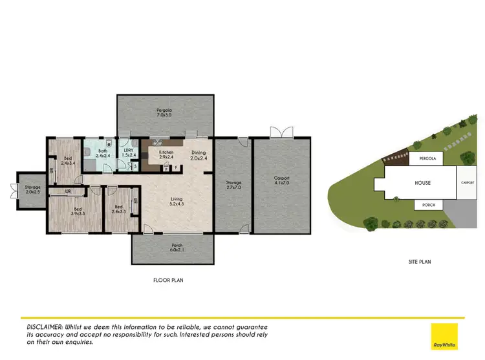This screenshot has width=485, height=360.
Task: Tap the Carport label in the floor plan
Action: [x=281, y=179]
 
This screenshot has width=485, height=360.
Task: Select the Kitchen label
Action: [x=157, y=154]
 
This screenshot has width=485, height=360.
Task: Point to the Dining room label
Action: [x=198, y=154]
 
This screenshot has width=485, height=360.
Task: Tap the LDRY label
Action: [x=128, y=153]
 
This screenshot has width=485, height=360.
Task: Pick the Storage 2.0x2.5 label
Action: [x=32, y=190]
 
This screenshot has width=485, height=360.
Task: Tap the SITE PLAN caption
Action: [x=420, y=262]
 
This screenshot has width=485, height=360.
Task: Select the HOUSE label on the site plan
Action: [x=422, y=183]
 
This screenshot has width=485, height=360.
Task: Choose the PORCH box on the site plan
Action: [x=429, y=205]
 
